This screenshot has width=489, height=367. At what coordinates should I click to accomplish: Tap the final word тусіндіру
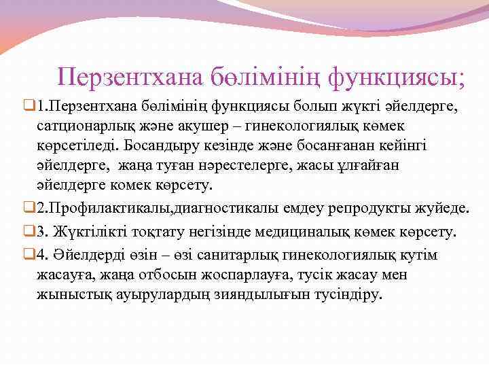pyautogui.click(x=348, y=296)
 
